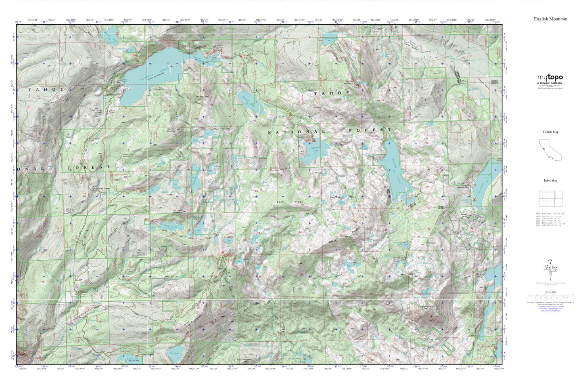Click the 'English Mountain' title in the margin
tap(550, 19)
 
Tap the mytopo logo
tap(550, 78)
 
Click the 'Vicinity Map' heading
tap(550, 132)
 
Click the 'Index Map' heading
tap(550, 181)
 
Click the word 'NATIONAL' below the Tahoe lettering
tap(297, 132)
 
